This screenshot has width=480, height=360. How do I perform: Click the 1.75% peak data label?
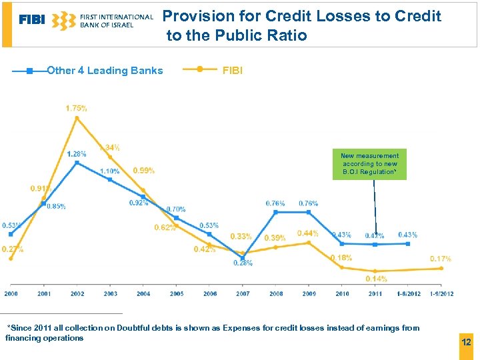point(76,108)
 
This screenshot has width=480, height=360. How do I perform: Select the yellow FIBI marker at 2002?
point(77,119)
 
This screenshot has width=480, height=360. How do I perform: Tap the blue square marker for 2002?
point(77,162)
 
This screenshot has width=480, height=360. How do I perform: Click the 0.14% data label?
point(377,279)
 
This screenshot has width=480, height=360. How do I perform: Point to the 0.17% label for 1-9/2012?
point(441,259)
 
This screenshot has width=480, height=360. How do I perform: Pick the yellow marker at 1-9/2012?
point(441,268)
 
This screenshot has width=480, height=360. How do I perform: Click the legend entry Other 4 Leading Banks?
point(105,71)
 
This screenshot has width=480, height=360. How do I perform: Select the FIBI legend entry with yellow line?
point(233,70)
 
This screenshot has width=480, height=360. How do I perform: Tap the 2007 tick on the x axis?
point(243,294)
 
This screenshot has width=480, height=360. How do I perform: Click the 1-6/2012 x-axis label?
point(408,294)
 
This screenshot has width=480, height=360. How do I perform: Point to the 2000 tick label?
point(11,294)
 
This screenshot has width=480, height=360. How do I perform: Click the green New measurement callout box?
point(370,164)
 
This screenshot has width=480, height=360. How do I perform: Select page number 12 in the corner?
point(466,342)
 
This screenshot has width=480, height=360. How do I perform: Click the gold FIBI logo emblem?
point(64,20)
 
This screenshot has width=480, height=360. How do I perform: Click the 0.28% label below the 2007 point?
point(243,263)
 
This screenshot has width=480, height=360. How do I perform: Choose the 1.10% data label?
point(110,171)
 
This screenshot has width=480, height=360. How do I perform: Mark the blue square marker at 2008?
point(275,212)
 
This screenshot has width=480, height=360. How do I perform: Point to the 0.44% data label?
point(307,233)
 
